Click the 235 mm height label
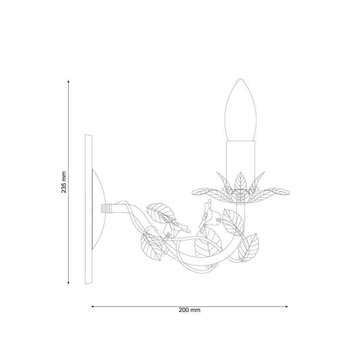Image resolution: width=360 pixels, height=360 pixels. [x=64, y=182]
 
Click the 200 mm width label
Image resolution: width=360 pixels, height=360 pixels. [x=190, y=310]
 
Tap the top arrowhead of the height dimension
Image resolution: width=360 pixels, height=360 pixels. [x=69, y=81]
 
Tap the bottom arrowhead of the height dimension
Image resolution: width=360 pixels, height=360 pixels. [x=69, y=283]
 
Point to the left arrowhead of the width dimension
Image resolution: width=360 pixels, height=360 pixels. [x=93, y=306]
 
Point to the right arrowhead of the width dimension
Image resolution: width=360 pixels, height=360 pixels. [x=286, y=306]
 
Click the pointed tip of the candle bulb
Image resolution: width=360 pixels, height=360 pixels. [x=240, y=79]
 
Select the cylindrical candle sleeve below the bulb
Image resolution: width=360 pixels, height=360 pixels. [x=240, y=164]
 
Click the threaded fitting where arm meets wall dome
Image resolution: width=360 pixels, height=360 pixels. [x=106, y=209]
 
